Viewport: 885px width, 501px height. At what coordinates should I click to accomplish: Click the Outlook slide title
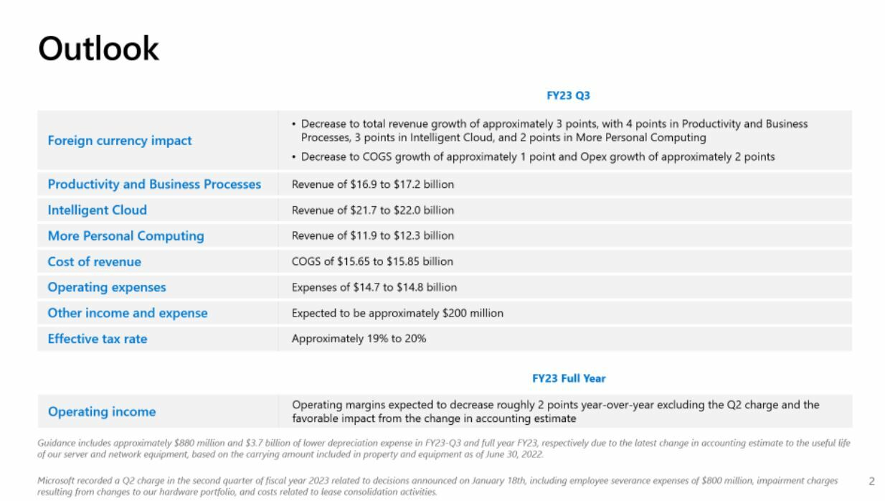(x=98, y=49)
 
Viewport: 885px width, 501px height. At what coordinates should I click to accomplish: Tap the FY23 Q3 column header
(x=568, y=95)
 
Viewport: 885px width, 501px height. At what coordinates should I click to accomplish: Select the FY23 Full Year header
(x=568, y=378)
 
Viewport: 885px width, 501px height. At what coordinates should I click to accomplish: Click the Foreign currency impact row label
(x=119, y=141)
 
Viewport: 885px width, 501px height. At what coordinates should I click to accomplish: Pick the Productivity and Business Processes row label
(x=154, y=184)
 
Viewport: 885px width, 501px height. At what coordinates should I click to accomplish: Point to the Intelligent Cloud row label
(x=97, y=210)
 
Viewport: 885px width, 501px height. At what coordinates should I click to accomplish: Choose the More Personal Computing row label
(x=126, y=236)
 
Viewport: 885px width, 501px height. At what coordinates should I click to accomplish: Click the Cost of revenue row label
(x=94, y=262)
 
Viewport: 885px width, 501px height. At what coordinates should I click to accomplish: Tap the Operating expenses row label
(x=106, y=288)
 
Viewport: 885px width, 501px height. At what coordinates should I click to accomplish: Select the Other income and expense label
(x=127, y=314)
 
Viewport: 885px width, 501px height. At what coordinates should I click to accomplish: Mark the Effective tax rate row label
(x=97, y=340)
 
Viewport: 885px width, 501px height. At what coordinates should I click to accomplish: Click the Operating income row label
(x=101, y=412)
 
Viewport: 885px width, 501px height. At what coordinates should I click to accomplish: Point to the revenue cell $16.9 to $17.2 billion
(x=372, y=184)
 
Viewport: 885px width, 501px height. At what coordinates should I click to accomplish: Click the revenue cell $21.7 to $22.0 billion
(x=372, y=210)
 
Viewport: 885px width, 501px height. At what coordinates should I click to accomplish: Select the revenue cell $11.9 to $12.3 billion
(x=372, y=236)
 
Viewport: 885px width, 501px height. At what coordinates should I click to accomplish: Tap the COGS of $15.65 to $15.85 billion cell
(x=372, y=262)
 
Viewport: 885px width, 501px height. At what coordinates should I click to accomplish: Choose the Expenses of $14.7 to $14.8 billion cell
(x=374, y=288)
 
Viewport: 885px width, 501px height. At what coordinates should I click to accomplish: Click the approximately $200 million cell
(x=397, y=314)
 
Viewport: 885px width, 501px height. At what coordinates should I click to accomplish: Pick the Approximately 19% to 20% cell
(x=359, y=339)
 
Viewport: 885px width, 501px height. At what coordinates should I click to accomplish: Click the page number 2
(x=871, y=482)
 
